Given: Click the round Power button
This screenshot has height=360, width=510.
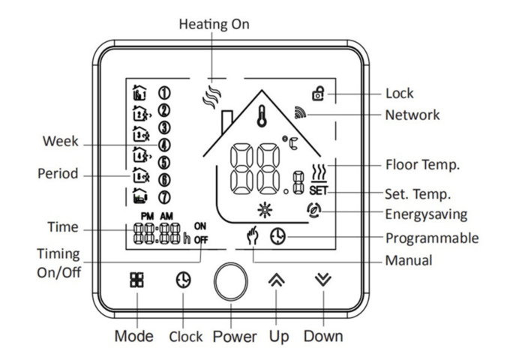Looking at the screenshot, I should (x=229, y=283).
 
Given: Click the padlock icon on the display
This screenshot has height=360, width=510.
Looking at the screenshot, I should (x=319, y=94).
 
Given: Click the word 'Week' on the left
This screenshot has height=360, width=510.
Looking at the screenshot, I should (x=60, y=142).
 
